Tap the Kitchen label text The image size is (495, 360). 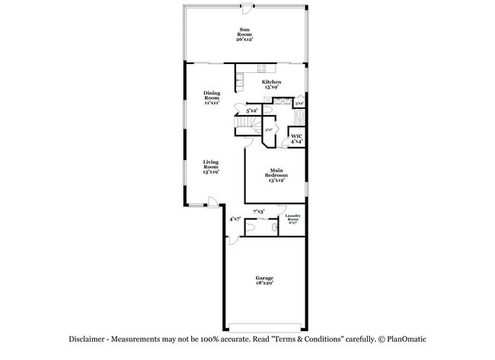click(272, 84)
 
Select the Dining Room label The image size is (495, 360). click(212, 97)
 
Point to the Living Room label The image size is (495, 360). click(211, 167)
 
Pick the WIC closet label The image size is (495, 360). click(296, 139)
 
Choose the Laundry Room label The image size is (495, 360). click(293, 219)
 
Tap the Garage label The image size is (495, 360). click(264, 280)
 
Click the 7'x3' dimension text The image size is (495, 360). click(259, 211)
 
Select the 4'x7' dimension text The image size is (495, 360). click(235, 219)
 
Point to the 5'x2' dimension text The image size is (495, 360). click(252, 111)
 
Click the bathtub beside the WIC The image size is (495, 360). click(299, 117)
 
